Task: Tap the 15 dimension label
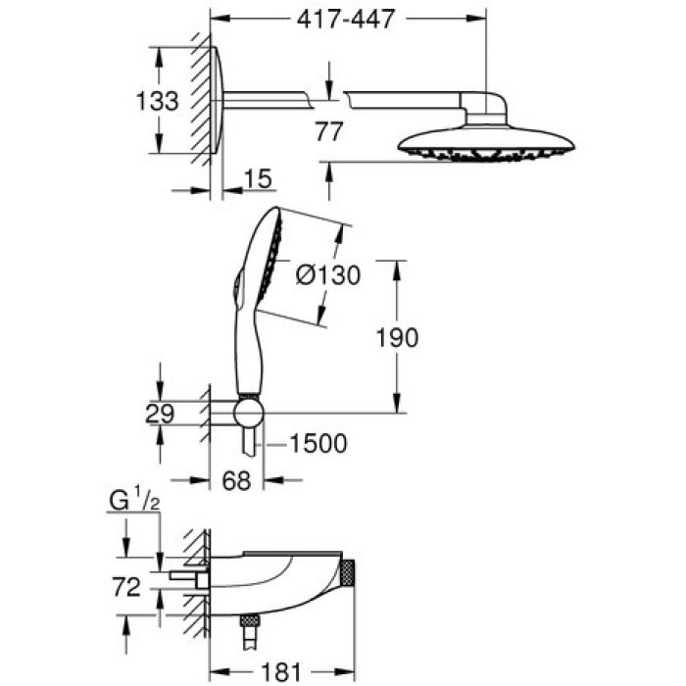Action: [258, 177]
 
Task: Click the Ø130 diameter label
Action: [328, 276]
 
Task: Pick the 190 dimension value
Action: [397, 337]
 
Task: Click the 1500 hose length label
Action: [318, 444]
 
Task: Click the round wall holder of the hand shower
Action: [250, 412]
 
